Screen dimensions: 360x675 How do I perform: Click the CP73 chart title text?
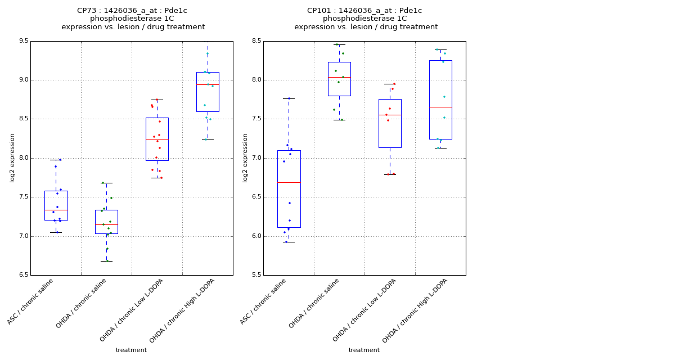click(133, 19)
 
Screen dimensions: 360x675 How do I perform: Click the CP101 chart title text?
click(365, 19)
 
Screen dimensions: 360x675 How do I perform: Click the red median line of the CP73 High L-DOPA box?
click(208, 84)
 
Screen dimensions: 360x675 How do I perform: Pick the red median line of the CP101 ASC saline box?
click(289, 182)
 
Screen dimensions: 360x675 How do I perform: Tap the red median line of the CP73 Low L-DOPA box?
click(157, 139)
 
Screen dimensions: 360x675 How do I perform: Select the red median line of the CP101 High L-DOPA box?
click(440, 107)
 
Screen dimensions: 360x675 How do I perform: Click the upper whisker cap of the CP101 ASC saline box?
click(289, 98)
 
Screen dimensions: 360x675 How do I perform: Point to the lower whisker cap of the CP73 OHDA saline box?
click(106, 261)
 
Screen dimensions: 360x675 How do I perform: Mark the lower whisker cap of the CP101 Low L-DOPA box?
click(390, 174)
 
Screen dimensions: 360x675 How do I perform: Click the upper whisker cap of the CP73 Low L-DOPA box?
click(157, 100)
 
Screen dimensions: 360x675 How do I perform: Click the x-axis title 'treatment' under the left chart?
click(131, 350)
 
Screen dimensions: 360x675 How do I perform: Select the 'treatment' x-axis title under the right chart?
click(364, 350)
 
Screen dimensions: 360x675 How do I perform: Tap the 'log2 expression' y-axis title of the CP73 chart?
click(12, 158)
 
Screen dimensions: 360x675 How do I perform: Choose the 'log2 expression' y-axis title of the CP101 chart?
click(245, 158)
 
